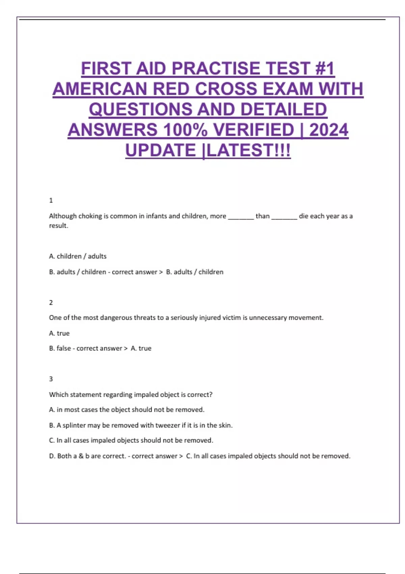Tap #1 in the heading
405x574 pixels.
click(x=324, y=69)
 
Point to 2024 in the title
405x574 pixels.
click(x=329, y=130)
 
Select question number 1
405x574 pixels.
click(x=51, y=201)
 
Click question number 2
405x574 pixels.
click(x=51, y=303)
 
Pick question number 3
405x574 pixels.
click(x=51, y=379)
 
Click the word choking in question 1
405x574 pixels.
click(x=90, y=216)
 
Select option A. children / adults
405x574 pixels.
click(x=78, y=256)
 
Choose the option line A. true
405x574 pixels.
click(x=59, y=333)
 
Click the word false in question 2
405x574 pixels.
click(x=64, y=348)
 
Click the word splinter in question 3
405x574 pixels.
click(x=74, y=425)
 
